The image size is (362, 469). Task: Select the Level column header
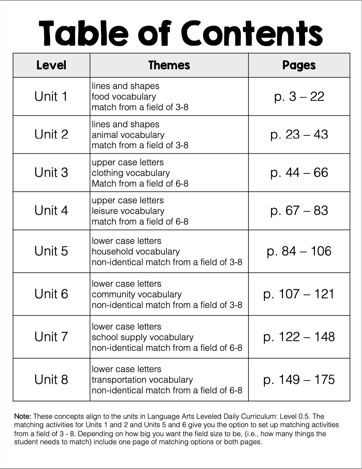click(51, 65)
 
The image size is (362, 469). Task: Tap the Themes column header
click(169, 65)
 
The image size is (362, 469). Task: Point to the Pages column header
click(299, 65)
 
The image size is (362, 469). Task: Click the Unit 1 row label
click(51, 97)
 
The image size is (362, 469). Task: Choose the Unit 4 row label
click(51, 211)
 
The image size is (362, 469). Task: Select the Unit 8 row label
click(51, 379)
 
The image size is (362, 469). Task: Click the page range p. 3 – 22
click(299, 97)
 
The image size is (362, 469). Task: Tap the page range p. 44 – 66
click(299, 173)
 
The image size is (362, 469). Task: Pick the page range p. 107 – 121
click(299, 294)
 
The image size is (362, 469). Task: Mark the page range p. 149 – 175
click(299, 379)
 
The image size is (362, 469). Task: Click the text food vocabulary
click(124, 97)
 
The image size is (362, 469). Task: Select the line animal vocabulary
click(128, 135)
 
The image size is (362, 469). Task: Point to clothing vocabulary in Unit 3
click(131, 173)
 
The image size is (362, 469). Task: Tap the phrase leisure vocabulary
click(128, 211)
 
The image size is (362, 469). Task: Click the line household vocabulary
click(136, 252)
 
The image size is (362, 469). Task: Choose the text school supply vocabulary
click(143, 337)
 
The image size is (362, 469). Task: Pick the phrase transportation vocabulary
click(142, 380)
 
